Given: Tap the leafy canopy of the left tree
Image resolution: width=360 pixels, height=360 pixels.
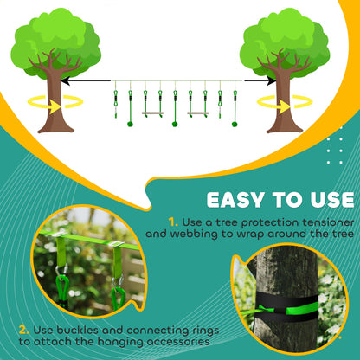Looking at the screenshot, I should pos(57,39).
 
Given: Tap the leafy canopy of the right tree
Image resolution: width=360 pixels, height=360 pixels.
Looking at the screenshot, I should pos(285,39).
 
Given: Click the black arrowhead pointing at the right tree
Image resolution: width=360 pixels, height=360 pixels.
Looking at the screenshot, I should pos(271,81).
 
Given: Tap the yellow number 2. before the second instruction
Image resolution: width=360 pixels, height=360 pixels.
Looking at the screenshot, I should pos(22,330).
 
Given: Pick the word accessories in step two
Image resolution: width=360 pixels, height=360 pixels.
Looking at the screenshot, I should pos(174,345).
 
